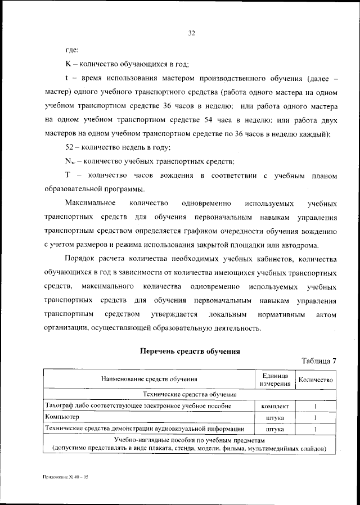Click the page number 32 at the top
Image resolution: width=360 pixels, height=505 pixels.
[x=191, y=33]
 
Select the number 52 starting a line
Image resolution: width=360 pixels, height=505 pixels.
[x=71, y=147]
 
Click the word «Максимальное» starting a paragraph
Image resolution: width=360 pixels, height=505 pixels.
[x=90, y=202]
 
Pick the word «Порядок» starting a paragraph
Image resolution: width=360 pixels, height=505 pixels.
[x=80, y=259]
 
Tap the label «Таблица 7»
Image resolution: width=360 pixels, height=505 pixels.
[x=319, y=361]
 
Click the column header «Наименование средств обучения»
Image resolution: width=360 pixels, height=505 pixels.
[x=149, y=380]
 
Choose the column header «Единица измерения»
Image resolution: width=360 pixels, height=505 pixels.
[x=274, y=380]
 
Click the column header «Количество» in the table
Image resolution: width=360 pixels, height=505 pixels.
[x=316, y=380]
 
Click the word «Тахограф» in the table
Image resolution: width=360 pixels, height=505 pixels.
[x=61, y=405]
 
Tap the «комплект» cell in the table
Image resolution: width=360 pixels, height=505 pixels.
[x=274, y=406]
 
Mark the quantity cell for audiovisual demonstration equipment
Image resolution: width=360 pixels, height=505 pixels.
[x=316, y=430]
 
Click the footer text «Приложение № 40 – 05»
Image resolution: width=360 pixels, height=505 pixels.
[x=66, y=476]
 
